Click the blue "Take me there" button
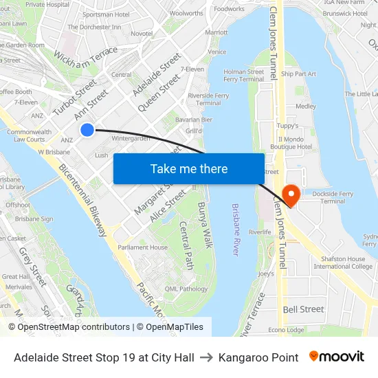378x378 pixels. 189,168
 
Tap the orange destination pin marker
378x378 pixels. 291,195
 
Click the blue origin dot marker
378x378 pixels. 87,130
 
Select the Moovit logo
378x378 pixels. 336,357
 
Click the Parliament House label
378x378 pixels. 142,247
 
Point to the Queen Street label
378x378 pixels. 159,93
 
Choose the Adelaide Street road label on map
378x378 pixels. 157,74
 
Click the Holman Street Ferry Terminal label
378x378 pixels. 244,75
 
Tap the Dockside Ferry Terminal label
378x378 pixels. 333,197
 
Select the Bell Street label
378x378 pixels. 303,309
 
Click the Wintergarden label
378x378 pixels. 130,138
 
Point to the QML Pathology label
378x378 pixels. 186,289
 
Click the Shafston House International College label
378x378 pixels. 342,263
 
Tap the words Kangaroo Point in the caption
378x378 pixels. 258,357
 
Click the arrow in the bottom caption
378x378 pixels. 206,357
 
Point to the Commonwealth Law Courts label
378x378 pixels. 29,135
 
